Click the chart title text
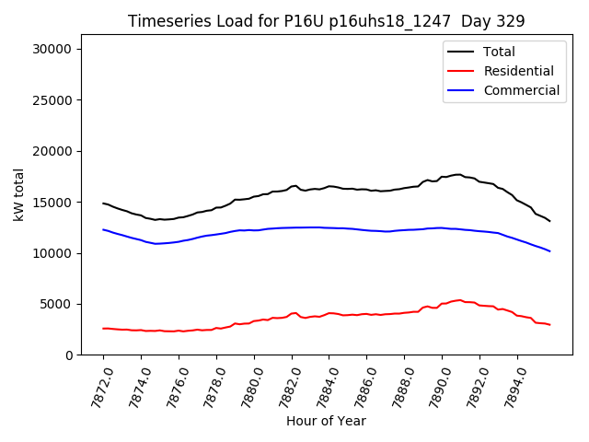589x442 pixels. pos(326,21)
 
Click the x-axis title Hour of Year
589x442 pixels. pos(326,421)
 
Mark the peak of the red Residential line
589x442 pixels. pos(458,299)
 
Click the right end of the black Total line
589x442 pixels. pos(549,221)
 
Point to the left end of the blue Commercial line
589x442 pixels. pos(103,229)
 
